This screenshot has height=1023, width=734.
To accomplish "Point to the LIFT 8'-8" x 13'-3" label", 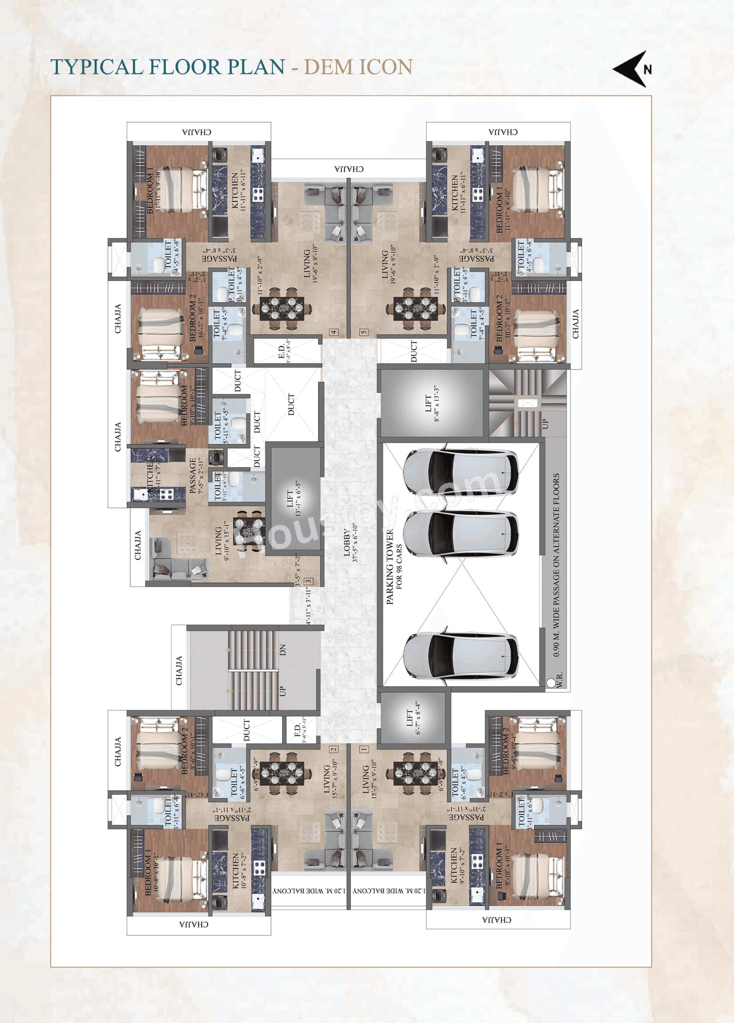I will pos(432,403).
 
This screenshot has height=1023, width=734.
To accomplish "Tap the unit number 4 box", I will pos(334,332).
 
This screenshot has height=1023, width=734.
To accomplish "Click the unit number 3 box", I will pos(309,581).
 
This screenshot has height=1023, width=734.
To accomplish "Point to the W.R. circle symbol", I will pos(551,683).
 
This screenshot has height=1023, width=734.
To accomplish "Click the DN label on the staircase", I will pos(283,650).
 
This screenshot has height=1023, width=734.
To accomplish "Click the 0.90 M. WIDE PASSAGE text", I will pos(556,564).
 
